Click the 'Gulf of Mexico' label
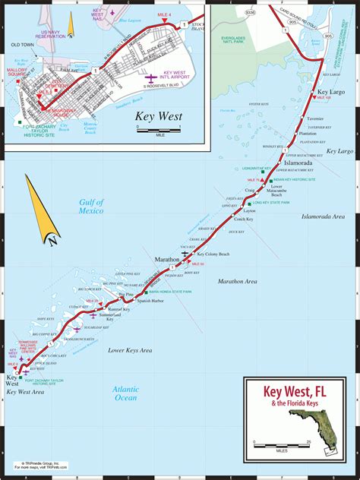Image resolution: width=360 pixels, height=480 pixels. (x=91, y=207)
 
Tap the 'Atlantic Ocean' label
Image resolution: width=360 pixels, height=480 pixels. (x=125, y=393)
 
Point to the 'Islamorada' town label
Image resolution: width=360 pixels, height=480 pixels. (x=297, y=163)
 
